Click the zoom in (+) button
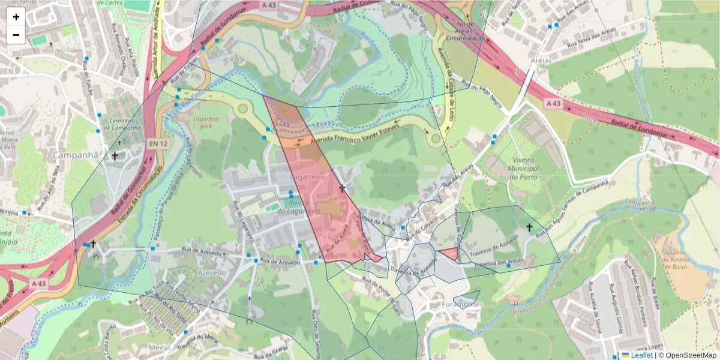click(16, 17)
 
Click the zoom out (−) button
click(16, 35)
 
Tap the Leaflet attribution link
click(641, 355)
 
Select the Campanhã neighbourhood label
click(76, 155)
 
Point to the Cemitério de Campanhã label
click(121, 124)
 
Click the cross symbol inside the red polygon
click(343, 188)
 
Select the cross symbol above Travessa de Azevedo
click(529, 227)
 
